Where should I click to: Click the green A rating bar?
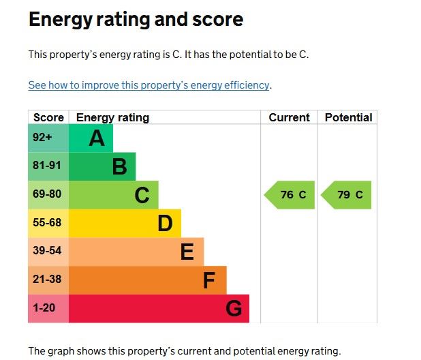(x=91, y=138)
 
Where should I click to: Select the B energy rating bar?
(x=102, y=166)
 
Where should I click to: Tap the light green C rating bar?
(x=114, y=195)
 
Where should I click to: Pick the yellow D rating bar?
(x=125, y=223)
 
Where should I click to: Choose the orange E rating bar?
(x=136, y=252)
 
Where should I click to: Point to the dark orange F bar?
(x=147, y=280)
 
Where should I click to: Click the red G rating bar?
(x=159, y=309)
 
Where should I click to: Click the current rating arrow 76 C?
(x=290, y=195)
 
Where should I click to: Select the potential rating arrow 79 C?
(x=347, y=195)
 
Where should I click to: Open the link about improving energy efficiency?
(x=149, y=85)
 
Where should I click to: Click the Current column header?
(x=289, y=117)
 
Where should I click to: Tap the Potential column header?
(x=348, y=117)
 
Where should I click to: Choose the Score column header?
(x=48, y=117)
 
